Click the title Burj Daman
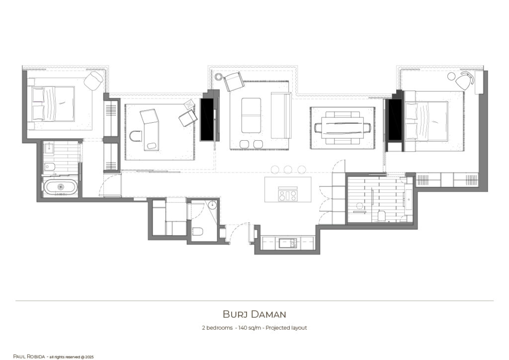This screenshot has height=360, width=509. click(254, 314)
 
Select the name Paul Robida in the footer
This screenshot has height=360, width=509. click(29, 357)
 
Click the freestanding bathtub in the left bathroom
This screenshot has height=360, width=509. click(61, 187)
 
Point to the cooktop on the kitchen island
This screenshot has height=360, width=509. click(287, 194)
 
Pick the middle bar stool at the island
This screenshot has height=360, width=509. click(288, 170)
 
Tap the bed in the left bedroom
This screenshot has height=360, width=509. click(54, 104)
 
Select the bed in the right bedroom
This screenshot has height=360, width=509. click(426, 121)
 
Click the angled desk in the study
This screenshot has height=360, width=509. click(151, 128)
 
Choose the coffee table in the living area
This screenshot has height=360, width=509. click(251, 115)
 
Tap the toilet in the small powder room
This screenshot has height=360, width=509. click(197, 232)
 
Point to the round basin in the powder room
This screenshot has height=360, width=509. click(212, 205)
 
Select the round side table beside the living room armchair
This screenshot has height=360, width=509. click(219, 76)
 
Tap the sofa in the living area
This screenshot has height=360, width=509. click(280, 115)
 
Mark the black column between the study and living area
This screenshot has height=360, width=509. click(207, 119)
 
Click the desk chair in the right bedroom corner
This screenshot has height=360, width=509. click(465, 81)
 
